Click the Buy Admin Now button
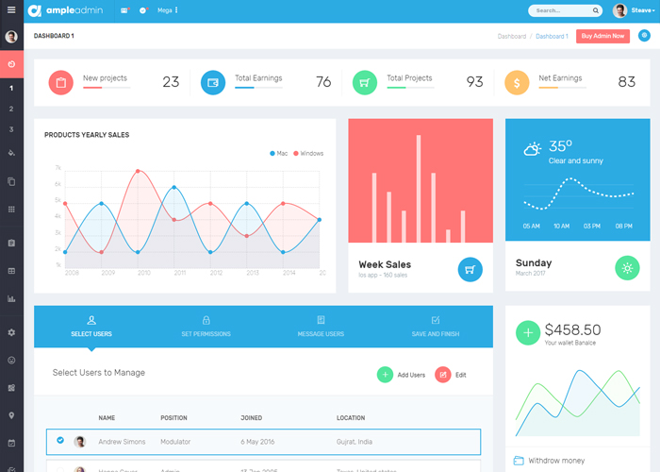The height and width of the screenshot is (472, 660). click(602, 36)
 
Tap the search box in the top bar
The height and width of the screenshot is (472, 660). click(564, 11)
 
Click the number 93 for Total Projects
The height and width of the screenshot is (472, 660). click(474, 82)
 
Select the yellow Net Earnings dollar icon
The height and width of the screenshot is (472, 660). click(516, 82)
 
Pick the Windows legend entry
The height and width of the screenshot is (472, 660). click(308, 153)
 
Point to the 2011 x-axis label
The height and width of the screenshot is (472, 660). click(180, 273)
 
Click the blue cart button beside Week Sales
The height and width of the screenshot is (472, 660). click(470, 269)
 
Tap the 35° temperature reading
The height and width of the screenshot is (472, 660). click(561, 146)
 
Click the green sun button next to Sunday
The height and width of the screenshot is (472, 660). click(627, 268)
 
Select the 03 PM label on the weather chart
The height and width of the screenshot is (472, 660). click(592, 227)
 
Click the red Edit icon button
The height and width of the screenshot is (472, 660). click(443, 375)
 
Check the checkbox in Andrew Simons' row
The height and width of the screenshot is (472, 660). click(60, 441)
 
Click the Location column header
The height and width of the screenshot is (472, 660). click(351, 417)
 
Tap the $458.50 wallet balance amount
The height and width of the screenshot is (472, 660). click(572, 329)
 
